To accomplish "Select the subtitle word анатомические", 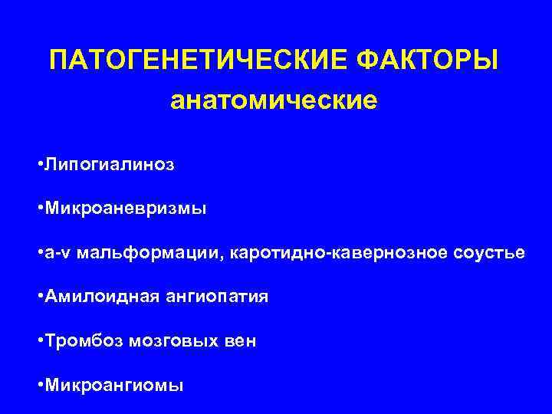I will click(274, 100).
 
